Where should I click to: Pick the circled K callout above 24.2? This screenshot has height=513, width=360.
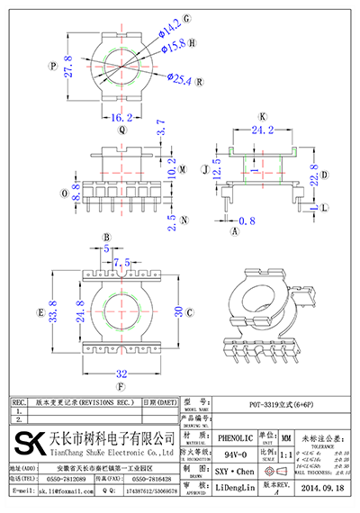pyautogui.click(x=263, y=117)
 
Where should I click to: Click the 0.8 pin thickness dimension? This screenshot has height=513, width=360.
pyautogui.click(x=247, y=220)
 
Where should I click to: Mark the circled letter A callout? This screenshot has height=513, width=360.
pyautogui.click(x=235, y=231)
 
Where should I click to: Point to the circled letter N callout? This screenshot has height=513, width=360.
pyautogui.click(x=183, y=219)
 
